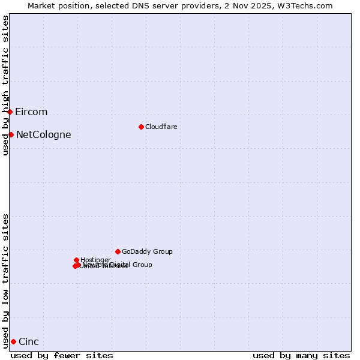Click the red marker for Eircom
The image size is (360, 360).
pos(10,112)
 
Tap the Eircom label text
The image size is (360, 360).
pos(31,112)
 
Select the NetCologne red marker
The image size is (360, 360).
pos(11,134)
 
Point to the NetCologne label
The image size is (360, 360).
pos(43,135)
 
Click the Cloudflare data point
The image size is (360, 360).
pos(141,127)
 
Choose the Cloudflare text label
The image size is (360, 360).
pos(161,127)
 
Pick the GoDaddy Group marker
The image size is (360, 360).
pos(118,251)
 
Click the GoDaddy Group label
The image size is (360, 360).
pos(147,252)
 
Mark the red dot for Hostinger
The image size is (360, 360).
pos(76,260)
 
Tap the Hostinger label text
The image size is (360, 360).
pos(95,260)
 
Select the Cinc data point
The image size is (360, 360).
pos(13,341)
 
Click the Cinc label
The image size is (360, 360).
pos(29,342)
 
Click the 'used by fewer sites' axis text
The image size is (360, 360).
pos(62,356)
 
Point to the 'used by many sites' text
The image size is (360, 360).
pos(301,356)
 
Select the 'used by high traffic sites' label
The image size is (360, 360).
pos(5,85)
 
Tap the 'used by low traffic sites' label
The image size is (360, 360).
pos(5,280)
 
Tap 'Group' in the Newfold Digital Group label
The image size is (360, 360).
pos(142,265)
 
